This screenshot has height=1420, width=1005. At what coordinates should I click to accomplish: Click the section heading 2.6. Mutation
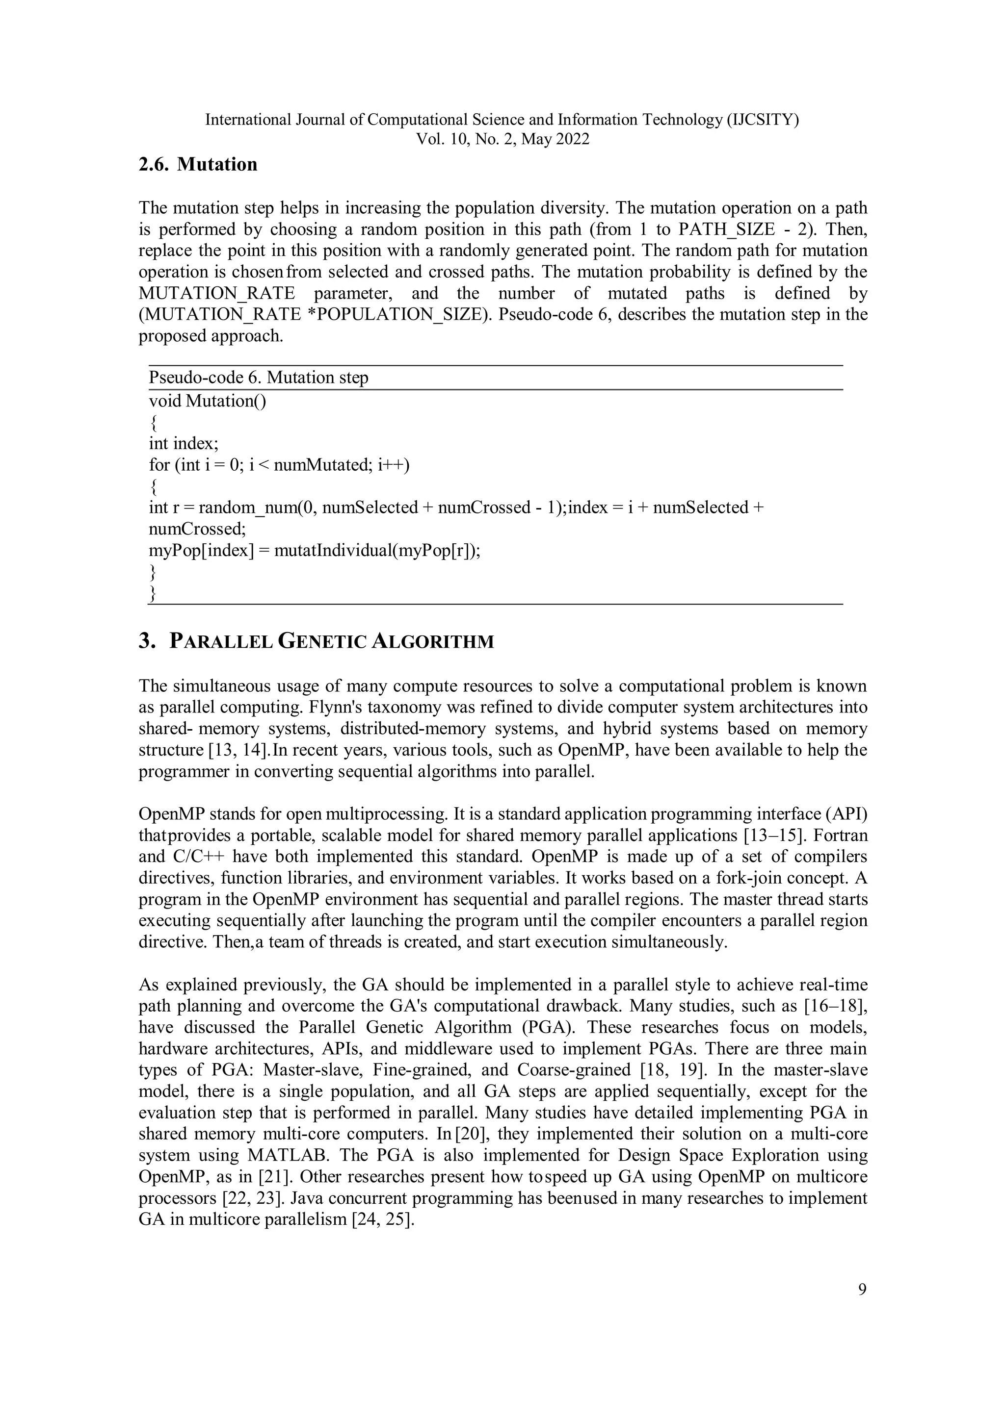(197, 165)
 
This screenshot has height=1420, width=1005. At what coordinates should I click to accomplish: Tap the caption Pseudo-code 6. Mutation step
(258, 377)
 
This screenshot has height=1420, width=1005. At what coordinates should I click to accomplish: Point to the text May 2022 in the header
(555, 139)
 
